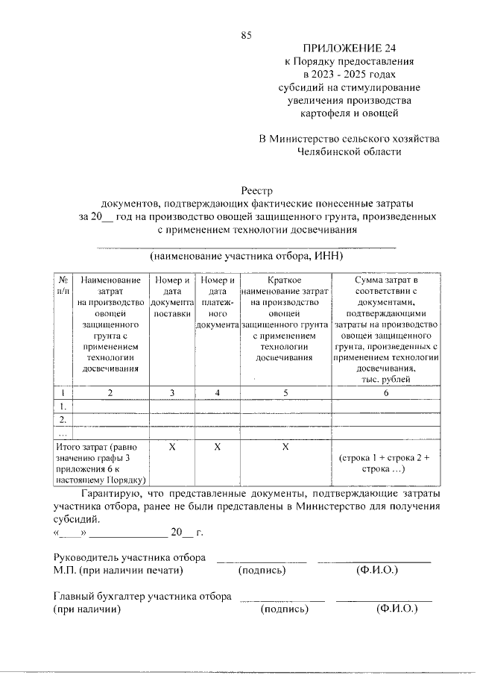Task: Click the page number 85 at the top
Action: coord(247,35)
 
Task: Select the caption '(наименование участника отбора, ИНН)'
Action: coord(247,255)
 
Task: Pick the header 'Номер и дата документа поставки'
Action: coord(172,297)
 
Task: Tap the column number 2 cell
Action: coord(110,392)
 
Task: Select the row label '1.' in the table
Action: coord(63,406)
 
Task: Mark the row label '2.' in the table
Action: coord(63,419)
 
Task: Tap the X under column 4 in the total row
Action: coord(217,447)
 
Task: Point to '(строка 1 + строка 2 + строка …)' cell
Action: coord(386,463)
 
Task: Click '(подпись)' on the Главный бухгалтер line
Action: coord(284,609)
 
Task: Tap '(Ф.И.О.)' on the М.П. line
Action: coord(375,571)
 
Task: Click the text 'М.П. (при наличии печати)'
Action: coord(119,571)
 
